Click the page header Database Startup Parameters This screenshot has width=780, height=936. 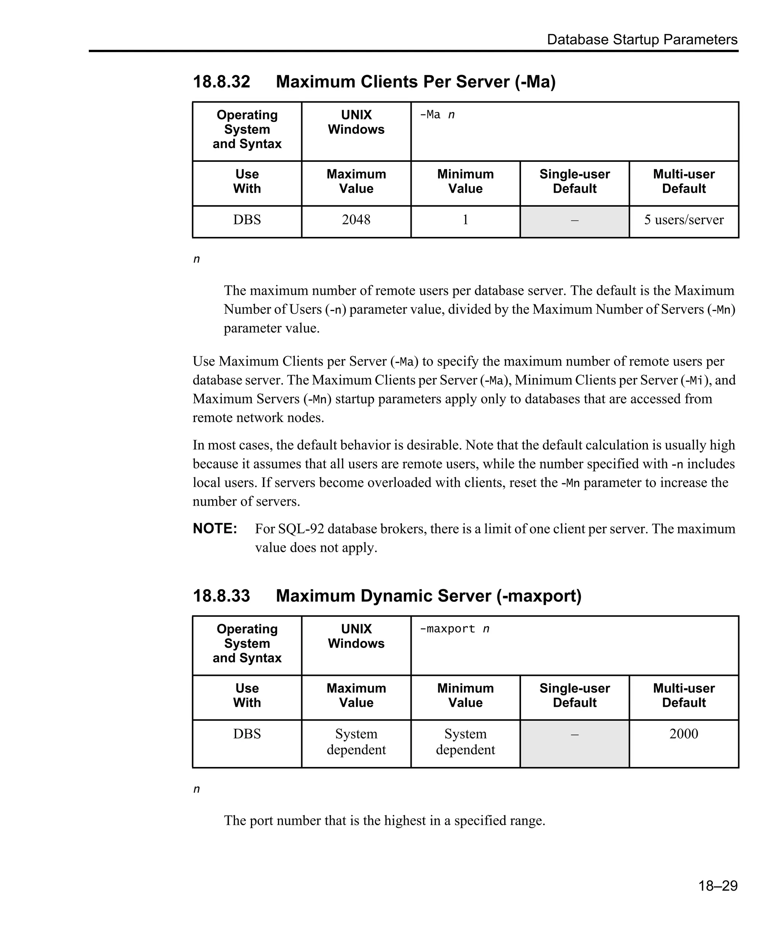click(x=642, y=40)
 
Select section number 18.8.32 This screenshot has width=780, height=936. click(x=222, y=82)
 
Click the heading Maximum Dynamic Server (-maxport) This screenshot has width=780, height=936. click(x=428, y=596)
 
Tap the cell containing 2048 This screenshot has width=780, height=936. click(x=356, y=220)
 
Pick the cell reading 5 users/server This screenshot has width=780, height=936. click(x=684, y=220)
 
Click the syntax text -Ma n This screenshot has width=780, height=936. click(x=437, y=115)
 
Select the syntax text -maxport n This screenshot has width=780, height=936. click(x=454, y=629)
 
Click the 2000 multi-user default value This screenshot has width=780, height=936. click(x=684, y=734)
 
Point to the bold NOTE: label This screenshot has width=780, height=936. click(x=215, y=529)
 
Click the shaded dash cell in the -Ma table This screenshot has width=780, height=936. click(x=574, y=221)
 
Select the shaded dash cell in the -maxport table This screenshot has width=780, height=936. click(x=574, y=743)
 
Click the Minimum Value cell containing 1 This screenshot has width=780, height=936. click(x=465, y=220)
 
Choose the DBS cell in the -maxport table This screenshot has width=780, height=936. click(x=247, y=734)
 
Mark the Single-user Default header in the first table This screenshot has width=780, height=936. click(x=574, y=181)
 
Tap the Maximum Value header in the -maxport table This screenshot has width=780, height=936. click(x=356, y=695)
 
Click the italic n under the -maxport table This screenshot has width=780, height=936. click(x=197, y=789)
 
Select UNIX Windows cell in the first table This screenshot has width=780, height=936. click(x=356, y=122)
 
